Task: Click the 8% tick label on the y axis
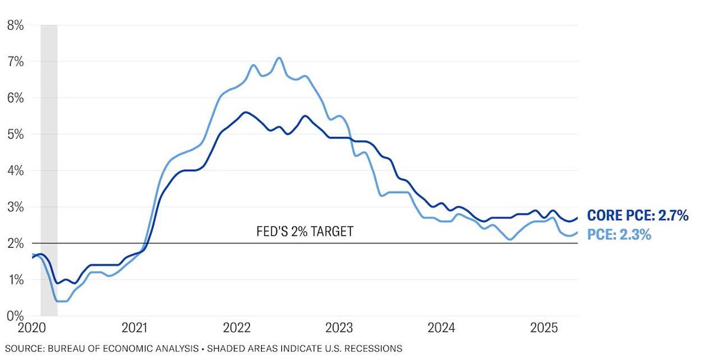15,25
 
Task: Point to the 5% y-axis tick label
15,134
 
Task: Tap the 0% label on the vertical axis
15,316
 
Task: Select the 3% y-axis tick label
15,207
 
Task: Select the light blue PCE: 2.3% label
619,235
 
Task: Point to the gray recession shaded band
48,166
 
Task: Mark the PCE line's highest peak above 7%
279,58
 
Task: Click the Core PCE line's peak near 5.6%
245,112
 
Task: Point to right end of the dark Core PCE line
577,218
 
